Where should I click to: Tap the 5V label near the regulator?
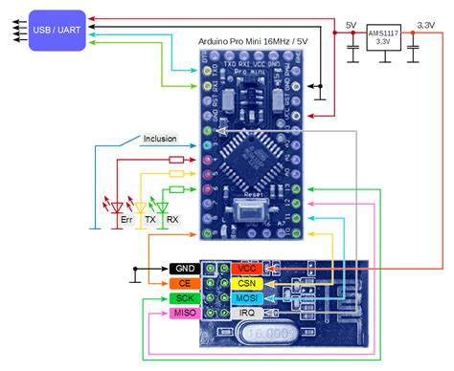coord(352,23)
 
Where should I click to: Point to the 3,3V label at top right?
coord(419,23)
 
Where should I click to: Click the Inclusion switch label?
coord(159,139)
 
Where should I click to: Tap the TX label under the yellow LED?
coord(149,219)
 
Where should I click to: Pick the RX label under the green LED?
coord(172,219)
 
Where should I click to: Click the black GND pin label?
coord(185,269)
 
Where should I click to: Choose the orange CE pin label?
coord(185,284)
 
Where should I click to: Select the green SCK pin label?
coord(185,299)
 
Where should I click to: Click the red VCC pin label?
coord(246,269)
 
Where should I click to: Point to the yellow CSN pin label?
coord(246,284)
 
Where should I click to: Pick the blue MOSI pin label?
coord(246,299)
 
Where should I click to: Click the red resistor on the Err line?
coord(176,160)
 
